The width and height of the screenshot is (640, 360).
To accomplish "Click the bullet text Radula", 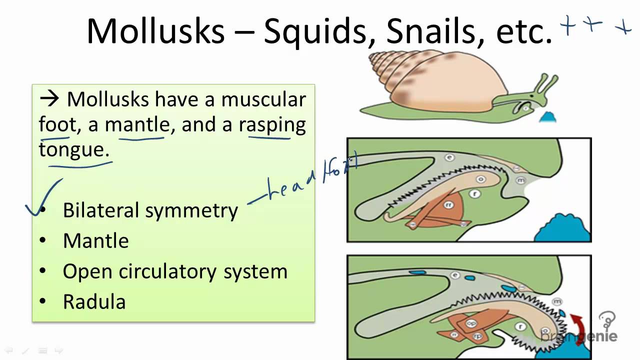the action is click(94, 302).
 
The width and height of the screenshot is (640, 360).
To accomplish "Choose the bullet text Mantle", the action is click(95, 241).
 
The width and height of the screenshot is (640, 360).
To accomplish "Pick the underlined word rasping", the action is click(272, 124).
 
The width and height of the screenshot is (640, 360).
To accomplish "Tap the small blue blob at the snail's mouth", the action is click(547, 117).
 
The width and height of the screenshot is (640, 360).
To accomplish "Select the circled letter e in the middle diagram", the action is click(449, 158).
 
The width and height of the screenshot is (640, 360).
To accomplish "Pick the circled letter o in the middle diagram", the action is click(481, 179).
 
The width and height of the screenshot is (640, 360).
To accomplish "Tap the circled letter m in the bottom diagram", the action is click(557, 301).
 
